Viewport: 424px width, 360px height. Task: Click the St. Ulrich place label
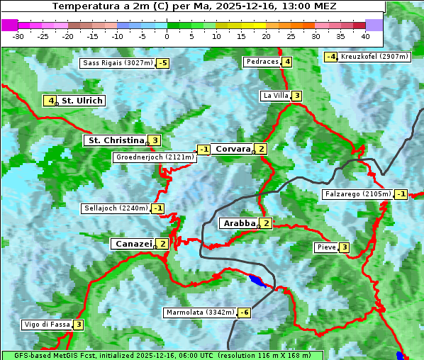tap(82, 101)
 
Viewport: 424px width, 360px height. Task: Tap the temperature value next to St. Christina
tap(155, 140)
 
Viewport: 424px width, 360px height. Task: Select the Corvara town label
tap(233, 149)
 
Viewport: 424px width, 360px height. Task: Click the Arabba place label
tap(239, 223)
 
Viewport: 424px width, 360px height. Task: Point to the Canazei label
tap(133, 244)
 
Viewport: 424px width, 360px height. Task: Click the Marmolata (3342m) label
tap(199, 313)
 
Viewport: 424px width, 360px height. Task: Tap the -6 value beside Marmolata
tap(245, 313)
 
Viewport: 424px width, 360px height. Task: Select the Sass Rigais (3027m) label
tap(118, 63)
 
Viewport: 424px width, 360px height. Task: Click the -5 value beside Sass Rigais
tap(163, 63)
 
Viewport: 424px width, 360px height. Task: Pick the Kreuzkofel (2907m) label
tap(374, 57)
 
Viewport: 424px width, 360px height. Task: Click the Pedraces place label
tap(262, 62)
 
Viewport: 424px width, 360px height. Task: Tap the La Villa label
tap(275, 96)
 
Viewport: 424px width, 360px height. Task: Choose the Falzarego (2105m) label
tap(357, 194)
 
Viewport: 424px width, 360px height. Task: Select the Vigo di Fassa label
tap(48, 325)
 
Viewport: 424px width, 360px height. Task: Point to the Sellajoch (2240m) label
tap(116, 208)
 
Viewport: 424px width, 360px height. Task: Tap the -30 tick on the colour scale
tap(18, 35)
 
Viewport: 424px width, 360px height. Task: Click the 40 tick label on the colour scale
tap(365, 35)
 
